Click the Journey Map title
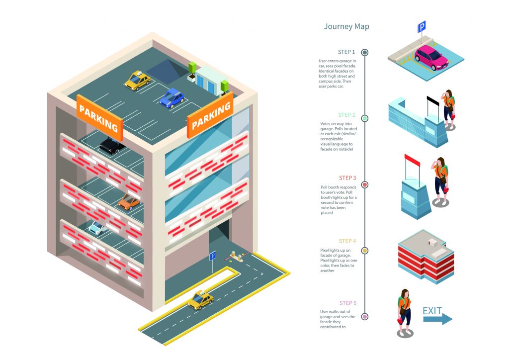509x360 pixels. (346, 26)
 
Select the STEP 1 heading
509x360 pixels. (346, 52)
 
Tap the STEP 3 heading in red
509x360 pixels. (347, 178)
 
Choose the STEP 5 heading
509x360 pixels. (348, 303)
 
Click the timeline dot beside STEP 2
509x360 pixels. (365, 118)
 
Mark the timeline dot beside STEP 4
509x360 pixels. (365, 251)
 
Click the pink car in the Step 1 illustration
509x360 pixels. (431, 58)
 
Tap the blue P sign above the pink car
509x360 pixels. (422, 26)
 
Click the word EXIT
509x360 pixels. (432, 311)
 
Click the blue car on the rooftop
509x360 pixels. (172, 97)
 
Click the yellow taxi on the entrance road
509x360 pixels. (201, 299)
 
